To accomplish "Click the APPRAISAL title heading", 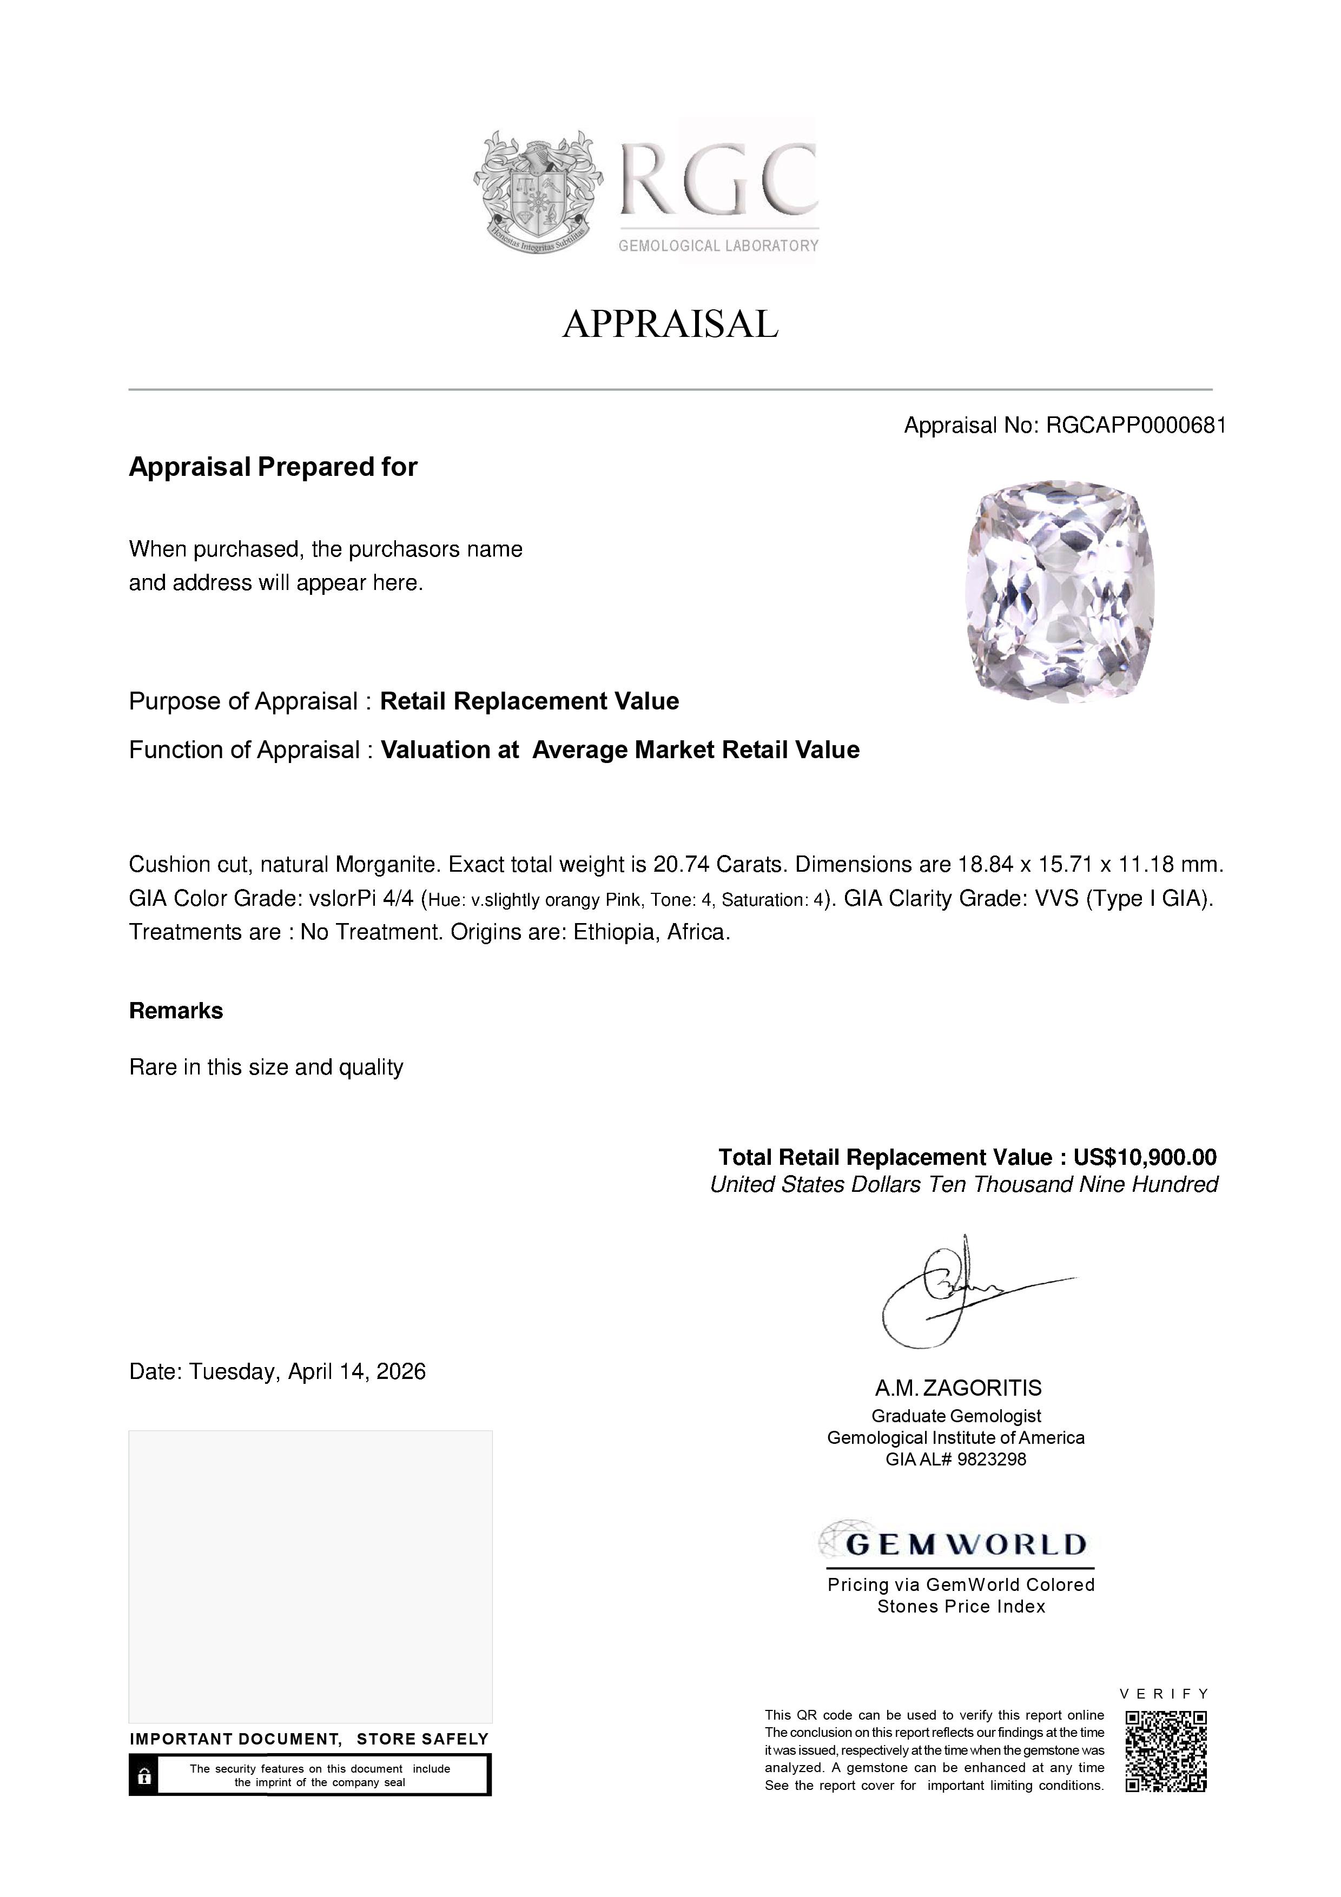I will [x=670, y=324].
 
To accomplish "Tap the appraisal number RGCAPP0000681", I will [x=1135, y=426].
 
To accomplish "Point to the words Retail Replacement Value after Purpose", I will [x=529, y=701].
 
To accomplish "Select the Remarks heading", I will [x=176, y=1011].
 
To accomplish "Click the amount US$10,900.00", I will [x=1144, y=1158].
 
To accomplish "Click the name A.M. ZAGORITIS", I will [x=959, y=1389].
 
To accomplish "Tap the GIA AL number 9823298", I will [x=992, y=1460].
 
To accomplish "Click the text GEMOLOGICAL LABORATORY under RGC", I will [x=718, y=246].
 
